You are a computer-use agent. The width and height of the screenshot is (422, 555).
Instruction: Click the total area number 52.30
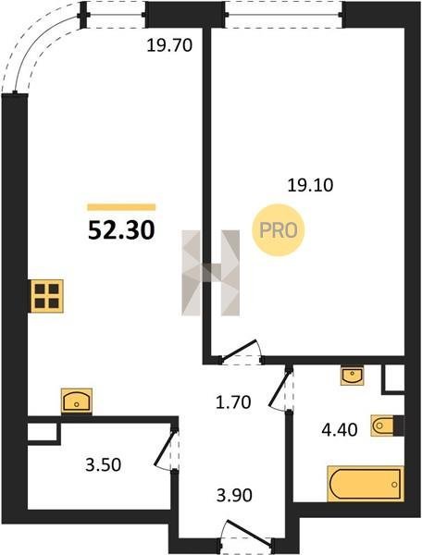tap(121, 229)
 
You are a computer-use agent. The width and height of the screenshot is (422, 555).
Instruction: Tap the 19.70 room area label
tap(169, 45)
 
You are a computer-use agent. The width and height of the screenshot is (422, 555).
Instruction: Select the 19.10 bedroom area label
tap(310, 185)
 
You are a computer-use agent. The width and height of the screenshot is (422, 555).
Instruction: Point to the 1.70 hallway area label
tap(233, 402)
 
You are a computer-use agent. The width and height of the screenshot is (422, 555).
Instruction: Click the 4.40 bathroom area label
tap(340, 430)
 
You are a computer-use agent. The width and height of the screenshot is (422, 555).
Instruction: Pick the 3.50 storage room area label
tap(103, 464)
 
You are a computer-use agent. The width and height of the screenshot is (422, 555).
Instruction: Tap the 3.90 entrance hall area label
tap(234, 495)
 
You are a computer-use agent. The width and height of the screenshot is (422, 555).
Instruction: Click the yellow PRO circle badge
tap(279, 230)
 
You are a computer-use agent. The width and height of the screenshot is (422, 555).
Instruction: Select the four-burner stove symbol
tap(46, 296)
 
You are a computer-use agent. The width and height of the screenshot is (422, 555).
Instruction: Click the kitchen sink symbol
tap(77, 401)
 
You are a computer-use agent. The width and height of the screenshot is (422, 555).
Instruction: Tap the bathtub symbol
tap(366, 484)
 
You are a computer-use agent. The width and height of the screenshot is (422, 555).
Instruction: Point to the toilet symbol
tap(384, 425)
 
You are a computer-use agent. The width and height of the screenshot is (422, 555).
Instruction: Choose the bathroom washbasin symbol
tap(352, 376)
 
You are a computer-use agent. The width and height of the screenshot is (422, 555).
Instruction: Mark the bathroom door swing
tap(282, 389)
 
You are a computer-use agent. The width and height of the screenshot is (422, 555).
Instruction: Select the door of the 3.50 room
tap(168, 450)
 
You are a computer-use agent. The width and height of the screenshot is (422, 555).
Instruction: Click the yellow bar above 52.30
tap(121, 207)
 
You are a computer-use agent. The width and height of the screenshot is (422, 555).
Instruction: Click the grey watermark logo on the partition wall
tap(211, 273)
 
